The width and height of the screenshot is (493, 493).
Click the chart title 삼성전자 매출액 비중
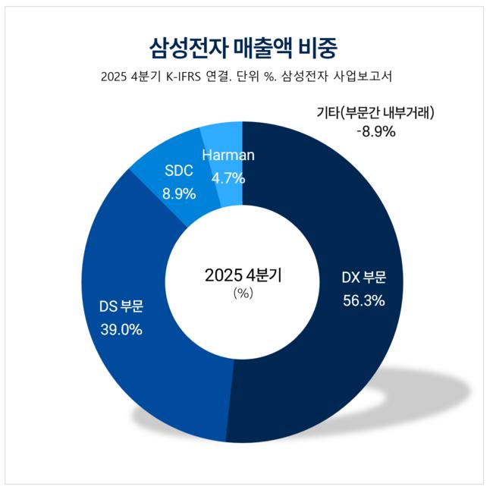243,49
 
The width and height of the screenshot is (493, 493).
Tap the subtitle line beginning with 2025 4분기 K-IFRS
246,77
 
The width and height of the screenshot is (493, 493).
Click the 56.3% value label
364,300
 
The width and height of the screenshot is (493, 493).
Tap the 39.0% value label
121,330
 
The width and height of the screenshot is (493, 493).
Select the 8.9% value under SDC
179,194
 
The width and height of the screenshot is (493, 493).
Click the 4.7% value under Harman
228,178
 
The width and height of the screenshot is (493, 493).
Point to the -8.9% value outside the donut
376,131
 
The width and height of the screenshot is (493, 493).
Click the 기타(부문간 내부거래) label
375,112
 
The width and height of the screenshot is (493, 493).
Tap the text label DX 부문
364,278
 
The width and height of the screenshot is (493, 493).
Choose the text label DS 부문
121,306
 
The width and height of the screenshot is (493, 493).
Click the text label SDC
179,171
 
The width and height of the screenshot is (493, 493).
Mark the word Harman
228,155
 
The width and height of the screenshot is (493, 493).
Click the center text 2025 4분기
243,275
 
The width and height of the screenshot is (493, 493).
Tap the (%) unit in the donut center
243,294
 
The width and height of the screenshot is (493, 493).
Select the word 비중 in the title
318,49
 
